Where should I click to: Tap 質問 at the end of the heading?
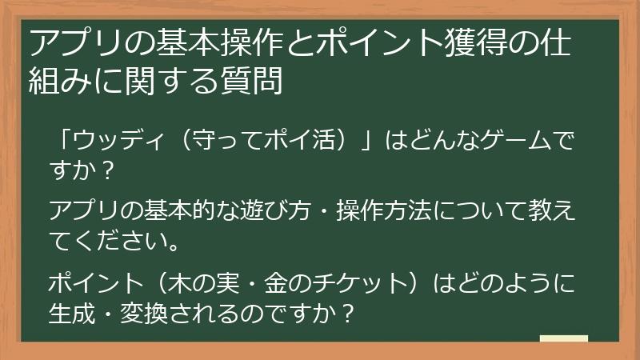259,80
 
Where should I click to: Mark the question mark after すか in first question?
110,171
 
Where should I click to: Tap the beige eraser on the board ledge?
563,338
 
